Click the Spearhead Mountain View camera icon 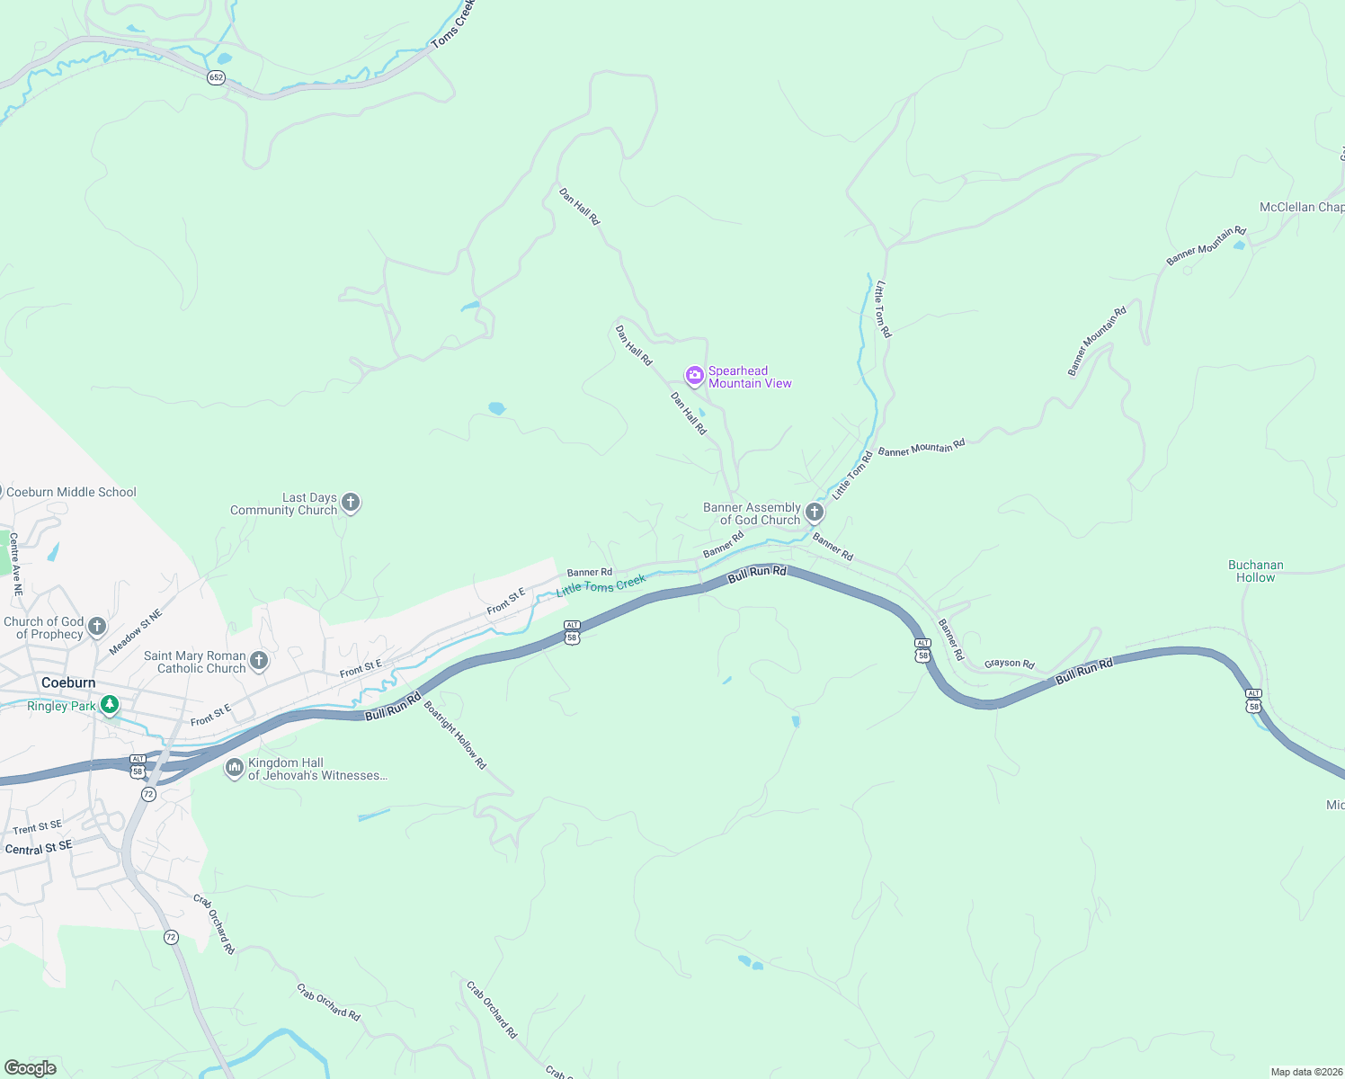click(x=694, y=375)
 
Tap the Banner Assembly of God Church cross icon click(x=815, y=513)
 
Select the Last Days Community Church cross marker click(x=352, y=503)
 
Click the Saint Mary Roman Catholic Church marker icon click(x=259, y=662)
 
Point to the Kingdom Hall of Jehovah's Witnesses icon click(x=234, y=768)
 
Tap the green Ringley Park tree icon click(x=110, y=705)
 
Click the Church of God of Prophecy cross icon click(x=97, y=626)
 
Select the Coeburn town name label click(x=68, y=682)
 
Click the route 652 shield click(x=216, y=77)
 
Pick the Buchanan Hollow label click(x=1255, y=571)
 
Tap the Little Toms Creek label click(x=601, y=585)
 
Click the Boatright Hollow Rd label click(x=455, y=735)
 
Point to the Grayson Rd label click(x=1009, y=664)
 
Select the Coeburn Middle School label click(x=71, y=492)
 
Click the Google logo click(x=31, y=1067)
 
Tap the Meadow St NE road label click(x=136, y=632)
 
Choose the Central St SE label click(x=39, y=848)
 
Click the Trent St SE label click(x=37, y=827)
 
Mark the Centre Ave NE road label click(x=15, y=565)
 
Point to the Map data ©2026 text click(x=1306, y=1072)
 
